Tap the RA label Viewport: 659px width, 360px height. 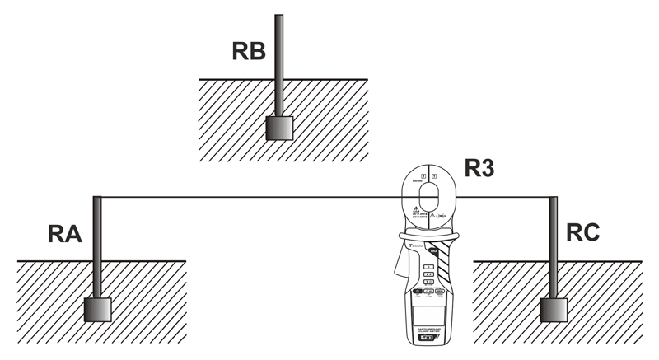point(63,236)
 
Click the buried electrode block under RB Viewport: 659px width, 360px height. point(279,128)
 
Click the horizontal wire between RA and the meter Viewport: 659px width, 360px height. point(247,197)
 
